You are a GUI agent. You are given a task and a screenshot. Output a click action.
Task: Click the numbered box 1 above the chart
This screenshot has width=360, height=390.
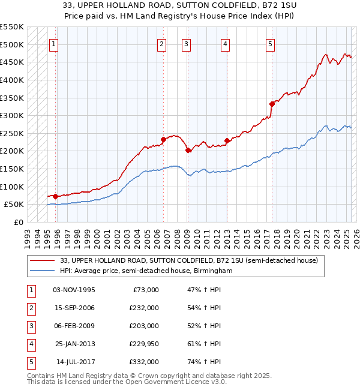tap(53, 43)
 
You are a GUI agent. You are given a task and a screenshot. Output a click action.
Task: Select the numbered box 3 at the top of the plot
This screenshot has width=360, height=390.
tap(187, 43)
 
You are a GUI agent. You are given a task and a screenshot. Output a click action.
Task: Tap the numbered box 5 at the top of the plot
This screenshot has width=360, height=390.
tap(271, 43)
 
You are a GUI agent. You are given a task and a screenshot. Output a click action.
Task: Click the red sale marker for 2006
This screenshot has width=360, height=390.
tap(163, 139)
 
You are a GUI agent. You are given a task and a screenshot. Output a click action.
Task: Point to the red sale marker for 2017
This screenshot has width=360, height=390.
tap(272, 104)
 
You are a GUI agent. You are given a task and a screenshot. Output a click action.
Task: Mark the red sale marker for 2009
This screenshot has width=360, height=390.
tap(188, 150)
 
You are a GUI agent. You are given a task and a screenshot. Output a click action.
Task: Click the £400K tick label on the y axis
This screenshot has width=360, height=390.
tap(11, 80)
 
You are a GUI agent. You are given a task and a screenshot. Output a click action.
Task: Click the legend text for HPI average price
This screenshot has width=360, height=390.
tap(146, 271)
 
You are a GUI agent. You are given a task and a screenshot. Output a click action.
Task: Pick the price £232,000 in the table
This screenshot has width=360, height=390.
tap(144, 308)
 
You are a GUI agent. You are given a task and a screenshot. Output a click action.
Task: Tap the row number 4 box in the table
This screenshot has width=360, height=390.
tap(31, 344)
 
